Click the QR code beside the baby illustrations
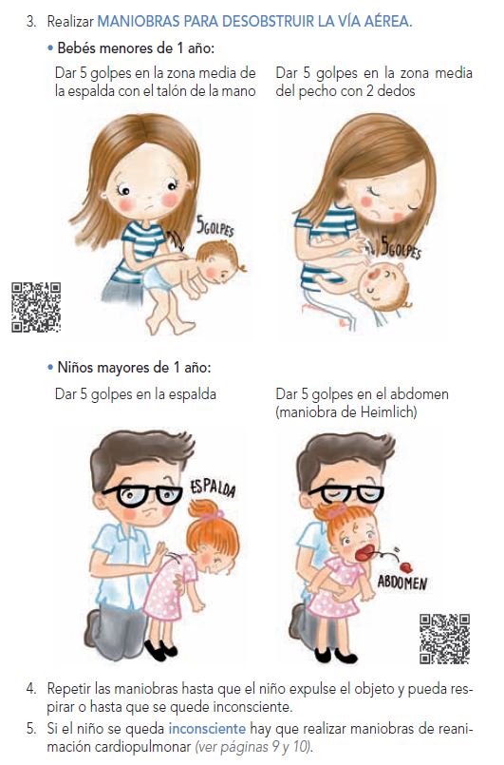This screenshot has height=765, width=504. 36,307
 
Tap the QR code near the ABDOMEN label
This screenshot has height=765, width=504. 444,639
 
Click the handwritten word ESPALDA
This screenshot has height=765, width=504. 213,488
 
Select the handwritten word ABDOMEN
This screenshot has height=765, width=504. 402,582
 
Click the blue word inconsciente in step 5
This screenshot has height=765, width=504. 207,728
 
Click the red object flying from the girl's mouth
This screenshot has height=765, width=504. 405,567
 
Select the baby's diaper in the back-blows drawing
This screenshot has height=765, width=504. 157,279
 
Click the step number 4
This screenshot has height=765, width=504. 31,689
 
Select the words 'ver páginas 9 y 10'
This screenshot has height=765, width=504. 253,747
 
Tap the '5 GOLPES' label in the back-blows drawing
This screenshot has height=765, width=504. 215,227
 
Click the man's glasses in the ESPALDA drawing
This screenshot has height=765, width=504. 142,495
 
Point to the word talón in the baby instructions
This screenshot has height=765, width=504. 171,90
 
